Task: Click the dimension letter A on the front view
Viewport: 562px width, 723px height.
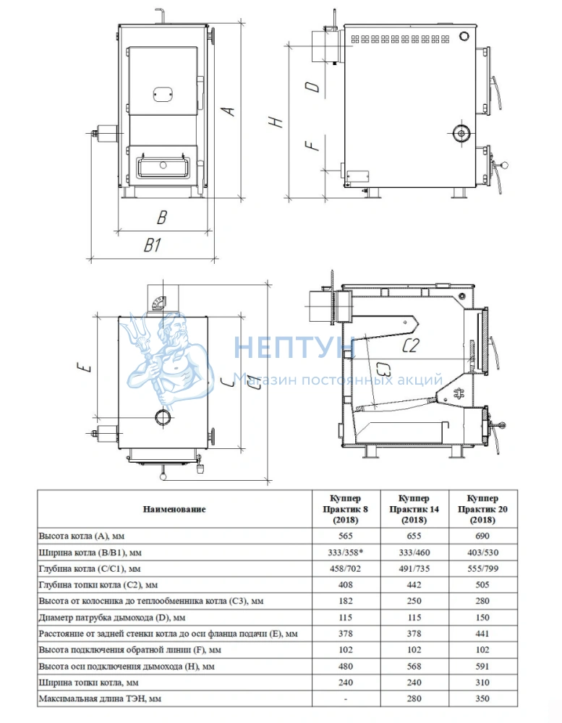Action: click(229, 111)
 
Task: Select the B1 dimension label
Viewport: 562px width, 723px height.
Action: click(153, 245)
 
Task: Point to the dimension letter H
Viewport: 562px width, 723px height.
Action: click(276, 121)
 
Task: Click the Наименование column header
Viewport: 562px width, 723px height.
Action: click(174, 509)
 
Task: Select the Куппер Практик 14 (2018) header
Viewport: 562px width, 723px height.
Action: click(414, 509)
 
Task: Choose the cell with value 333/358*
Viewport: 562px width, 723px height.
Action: click(345, 552)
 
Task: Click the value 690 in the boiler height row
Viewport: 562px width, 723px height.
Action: click(482, 536)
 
